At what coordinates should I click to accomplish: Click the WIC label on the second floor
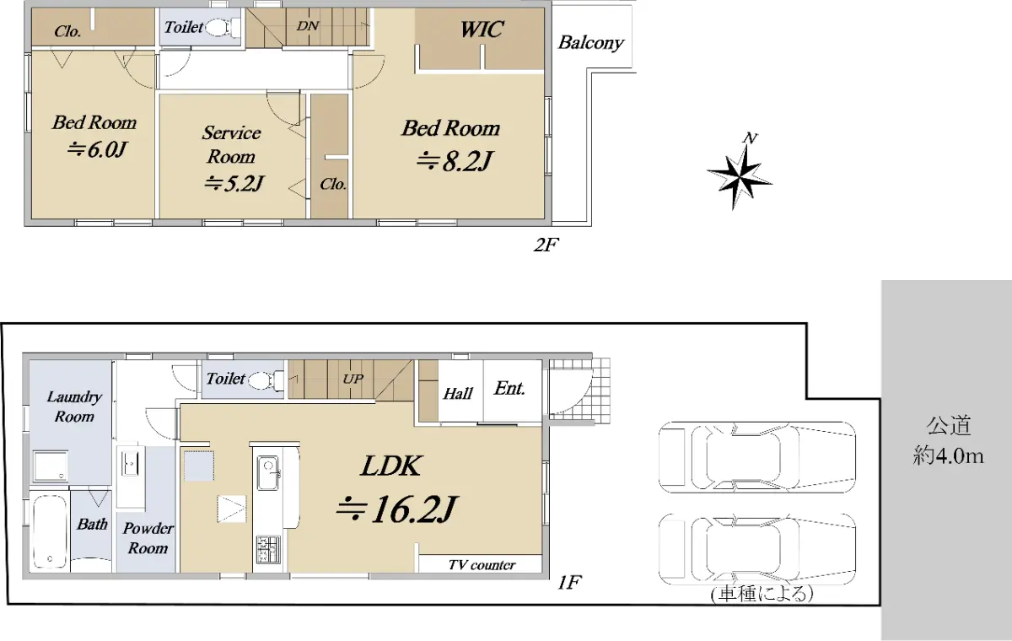(x=482, y=30)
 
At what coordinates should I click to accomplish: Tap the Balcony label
(x=591, y=43)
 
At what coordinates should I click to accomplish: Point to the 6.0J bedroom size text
(x=96, y=149)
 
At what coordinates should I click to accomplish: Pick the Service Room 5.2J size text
(x=234, y=183)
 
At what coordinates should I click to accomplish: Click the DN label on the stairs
(x=308, y=26)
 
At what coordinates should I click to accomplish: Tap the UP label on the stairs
(x=353, y=379)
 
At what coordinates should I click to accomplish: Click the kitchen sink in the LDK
(x=268, y=472)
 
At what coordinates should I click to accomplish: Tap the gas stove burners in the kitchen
(x=268, y=549)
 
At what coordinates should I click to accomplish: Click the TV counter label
(x=482, y=564)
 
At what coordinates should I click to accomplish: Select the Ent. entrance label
(x=509, y=389)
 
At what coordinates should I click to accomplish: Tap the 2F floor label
(x=546, y=245)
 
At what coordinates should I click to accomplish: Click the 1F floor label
(x=569, y=583)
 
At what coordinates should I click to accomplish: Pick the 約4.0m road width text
(x=948, y=456)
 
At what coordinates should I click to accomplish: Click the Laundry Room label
(x=74, y=406)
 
